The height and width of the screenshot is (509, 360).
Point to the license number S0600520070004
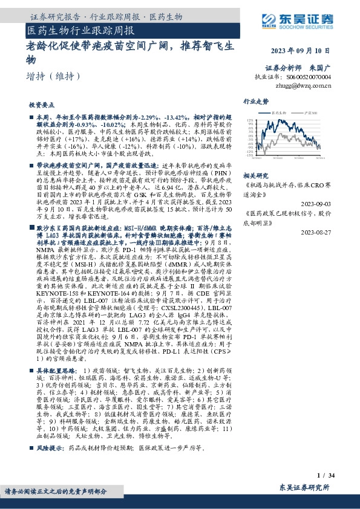click(x=310, y=78)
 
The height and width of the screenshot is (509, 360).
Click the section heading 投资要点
click(x=42, y=105)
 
